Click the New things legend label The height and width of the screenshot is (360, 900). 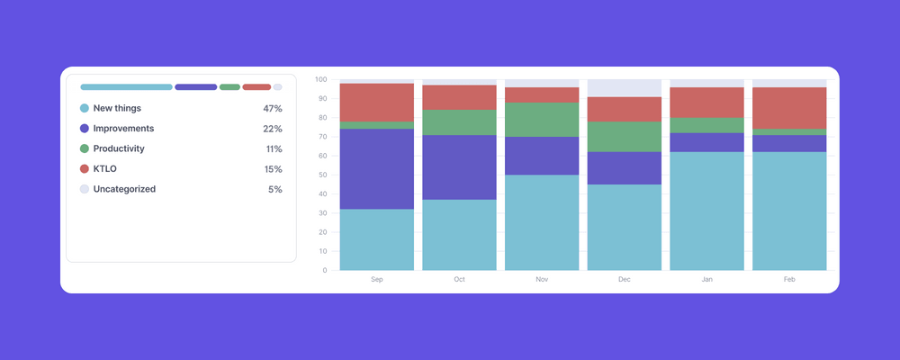[117, 108]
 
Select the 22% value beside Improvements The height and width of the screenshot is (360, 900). [273, 129]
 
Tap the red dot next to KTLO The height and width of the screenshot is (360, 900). [85, 169]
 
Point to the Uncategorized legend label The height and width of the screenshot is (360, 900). [124, 189]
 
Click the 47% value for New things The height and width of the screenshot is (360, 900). [273, 108]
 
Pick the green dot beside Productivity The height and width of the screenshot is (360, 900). [85, 148]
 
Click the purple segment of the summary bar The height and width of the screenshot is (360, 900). [195, 87]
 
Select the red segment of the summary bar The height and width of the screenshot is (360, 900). [256, 87]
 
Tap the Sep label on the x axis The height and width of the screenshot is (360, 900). [376, 280]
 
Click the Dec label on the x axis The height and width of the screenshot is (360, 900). [625, 280]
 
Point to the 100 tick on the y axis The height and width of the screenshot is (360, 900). [320, 79]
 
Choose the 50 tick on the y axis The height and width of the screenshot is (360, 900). [322, 175]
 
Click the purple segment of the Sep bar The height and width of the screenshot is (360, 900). [376, 169]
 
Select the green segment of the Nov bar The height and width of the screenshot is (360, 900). [542, 120]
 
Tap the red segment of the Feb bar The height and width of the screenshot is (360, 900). [789, 108]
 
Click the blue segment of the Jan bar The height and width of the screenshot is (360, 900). [706, 211]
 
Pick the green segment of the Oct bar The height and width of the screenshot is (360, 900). [459, 122]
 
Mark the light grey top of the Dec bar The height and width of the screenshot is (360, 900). [625, 88]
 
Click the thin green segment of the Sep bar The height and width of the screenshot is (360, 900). [376, 125]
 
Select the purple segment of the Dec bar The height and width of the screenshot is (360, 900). [625, 168]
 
